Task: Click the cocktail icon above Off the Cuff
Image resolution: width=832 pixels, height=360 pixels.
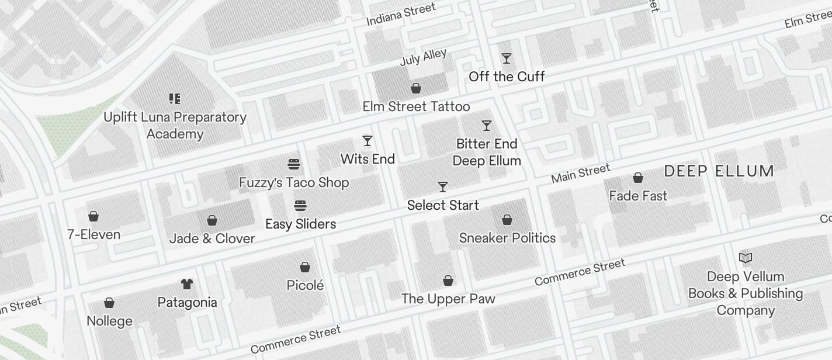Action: pyautogui.click(x=507, y=58)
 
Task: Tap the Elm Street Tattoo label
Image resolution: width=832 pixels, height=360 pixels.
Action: pyautogui.click(x=416, y=106)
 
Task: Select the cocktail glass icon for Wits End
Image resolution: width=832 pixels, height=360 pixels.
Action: pyautogui.click(x=368, y=141)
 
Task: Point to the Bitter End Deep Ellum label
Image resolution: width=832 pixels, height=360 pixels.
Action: pyautogui.click(x=487, y=152)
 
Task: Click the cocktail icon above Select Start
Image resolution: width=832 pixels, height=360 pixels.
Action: pyautogui.click(x=443, y=187)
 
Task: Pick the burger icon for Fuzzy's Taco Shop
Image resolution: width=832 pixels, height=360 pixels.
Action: pyautogui.click(x=294, y=164)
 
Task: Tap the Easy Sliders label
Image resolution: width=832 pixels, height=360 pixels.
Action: pyautogui.click(x=300, y=224)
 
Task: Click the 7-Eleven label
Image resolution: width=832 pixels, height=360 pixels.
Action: pyautogui.click(x=93, y=234)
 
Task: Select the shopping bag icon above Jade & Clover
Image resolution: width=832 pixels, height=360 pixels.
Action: pyautogui.click(x=212, y=220)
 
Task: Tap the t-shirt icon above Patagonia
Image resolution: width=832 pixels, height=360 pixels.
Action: pyautogui.click(x=187, y=284)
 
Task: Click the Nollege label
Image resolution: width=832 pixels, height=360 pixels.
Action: pyautogui.click(x=109, y=321)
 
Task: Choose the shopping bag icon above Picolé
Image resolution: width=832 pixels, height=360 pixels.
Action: pyautogui.click(x=305, y=267)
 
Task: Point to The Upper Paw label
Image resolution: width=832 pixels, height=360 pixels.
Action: pyautogui.click(x=448, y=299)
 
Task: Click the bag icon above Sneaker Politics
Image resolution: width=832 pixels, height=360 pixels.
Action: pyautogui.click(x=507, y=220)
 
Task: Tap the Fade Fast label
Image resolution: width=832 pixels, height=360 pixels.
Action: pyautogui.click(x=638, y=196)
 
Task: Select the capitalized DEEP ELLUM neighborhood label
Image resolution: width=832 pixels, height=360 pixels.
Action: pyautogui.click(x=719, y=171)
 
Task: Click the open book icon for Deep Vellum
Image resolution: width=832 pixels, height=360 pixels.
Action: pyautogui.click(x=746, y=258)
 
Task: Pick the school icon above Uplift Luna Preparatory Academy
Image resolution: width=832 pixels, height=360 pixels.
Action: pyautogui.click(x=175, y=99)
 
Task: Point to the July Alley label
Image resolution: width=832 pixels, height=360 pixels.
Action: pyautogui.click(x=423, y=57)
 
